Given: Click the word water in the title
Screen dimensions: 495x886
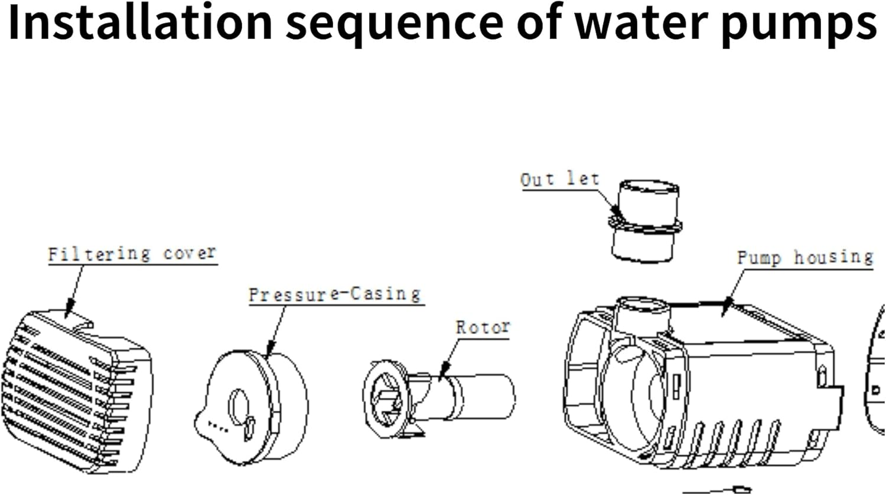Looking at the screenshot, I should (641, 22).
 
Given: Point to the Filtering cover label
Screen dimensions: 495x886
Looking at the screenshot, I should (132, 254).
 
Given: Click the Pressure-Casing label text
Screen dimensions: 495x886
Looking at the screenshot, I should (334, 294).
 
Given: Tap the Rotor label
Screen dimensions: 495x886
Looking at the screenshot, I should (483, 327).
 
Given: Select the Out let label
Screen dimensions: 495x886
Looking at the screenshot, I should (559, 179).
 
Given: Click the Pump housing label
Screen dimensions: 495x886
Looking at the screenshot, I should (804, 258).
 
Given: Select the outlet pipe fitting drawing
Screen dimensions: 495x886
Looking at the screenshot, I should (645, 222).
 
